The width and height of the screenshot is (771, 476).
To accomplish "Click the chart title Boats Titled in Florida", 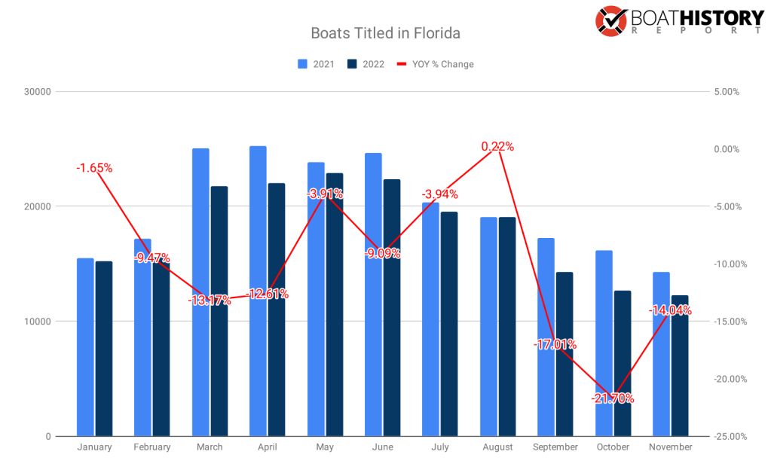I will click(x=385, y=34).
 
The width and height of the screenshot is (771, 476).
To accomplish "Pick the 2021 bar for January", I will click(x=85, y=347).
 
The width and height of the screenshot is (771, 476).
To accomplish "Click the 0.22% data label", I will click(x=497, y=147).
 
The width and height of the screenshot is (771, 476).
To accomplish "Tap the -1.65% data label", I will click(x=94, y=168).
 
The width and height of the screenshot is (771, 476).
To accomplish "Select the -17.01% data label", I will click(x=555, y=344).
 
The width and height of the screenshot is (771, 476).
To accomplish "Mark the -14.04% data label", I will click(x=670, y=310).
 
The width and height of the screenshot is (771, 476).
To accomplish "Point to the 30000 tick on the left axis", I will click(x=36, y=92).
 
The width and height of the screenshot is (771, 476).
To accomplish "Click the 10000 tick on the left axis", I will click(x=36, y=322).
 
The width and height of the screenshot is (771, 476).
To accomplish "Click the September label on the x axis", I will click(x=555, y=447).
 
